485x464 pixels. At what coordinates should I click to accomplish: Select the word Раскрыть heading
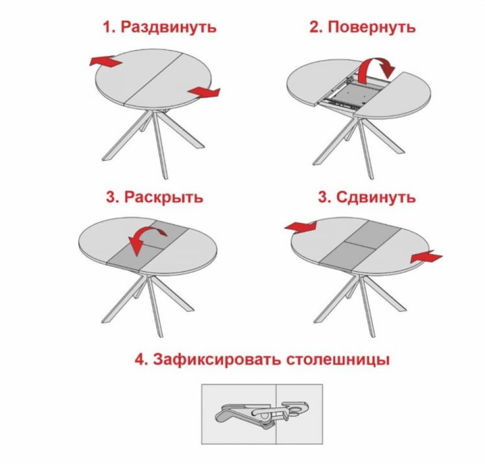pyautogui.click(x=163, y=197)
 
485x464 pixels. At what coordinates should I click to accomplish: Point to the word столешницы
pyautogui.click(x=338, y=359)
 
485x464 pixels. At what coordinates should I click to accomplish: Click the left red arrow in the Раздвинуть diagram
pyautogui.click(x=105, y=62)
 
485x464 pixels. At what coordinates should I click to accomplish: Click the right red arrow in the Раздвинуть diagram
pyautogui.click(x=204, y=93)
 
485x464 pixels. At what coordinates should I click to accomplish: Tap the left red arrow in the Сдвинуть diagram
pyautogui.click(x=301, y=226)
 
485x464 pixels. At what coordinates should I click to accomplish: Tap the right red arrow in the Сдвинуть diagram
pyautogui.click(x=426, y=258)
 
